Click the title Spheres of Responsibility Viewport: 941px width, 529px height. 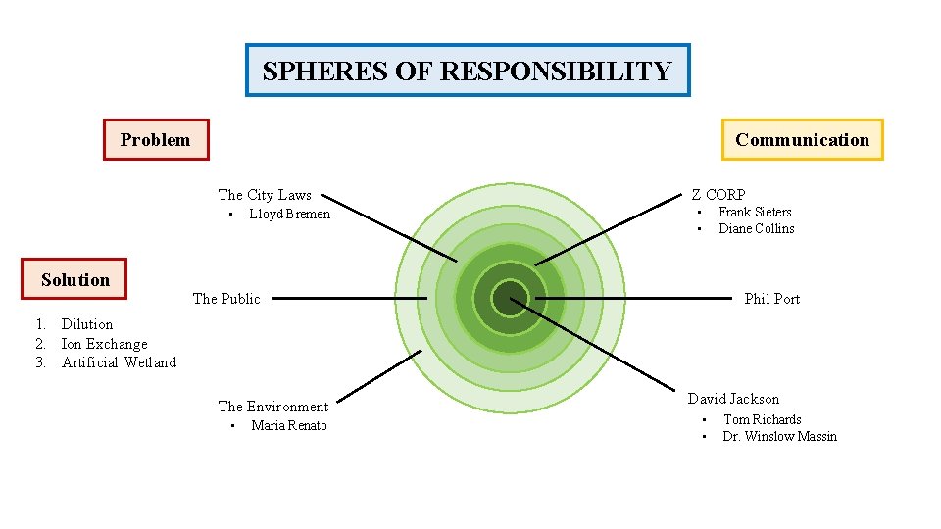(x=467, y=71)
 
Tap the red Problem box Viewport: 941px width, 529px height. (x=156, y=139)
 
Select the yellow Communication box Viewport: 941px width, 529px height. (x=802, y=139)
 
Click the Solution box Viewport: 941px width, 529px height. (x=75, y=279)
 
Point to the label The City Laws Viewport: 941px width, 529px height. (x=265, y=195)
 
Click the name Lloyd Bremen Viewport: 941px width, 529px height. (x=289, y=214)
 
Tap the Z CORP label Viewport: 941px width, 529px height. (x=718, y=194)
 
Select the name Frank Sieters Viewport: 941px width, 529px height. (x=755, y=212)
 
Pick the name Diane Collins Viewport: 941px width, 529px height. (x=757, y=228)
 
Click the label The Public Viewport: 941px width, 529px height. (x=226, y=299)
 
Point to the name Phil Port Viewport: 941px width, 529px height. (x=772, y=299)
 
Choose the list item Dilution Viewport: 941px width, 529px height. (x=87, y=324)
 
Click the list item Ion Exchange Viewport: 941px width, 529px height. (x=104, y=344)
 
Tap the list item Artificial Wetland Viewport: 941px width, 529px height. (x=119, y=362)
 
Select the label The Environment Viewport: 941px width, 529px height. (x=272, y=407)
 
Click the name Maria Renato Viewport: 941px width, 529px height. (x=289, y=425)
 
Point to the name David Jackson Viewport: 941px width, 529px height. (x=733, y=399)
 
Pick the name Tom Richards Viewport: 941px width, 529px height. (x=763, y=419)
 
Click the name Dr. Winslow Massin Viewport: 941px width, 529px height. (x=780, y=436)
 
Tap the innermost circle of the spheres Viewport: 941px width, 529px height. (x=510, y=299)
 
